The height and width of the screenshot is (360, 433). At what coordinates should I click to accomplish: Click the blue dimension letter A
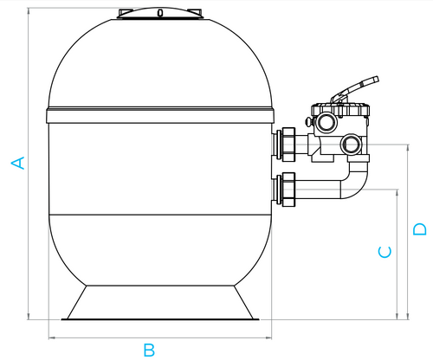tap(17, 163)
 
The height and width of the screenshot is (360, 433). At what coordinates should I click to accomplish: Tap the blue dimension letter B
tap(149, 350)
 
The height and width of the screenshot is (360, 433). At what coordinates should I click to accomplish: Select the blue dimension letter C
tap(385, 252)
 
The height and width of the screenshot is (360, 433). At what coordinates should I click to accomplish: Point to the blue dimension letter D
tap(419, 229)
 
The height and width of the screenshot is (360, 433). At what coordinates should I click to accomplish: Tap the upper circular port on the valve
tap(326, 122)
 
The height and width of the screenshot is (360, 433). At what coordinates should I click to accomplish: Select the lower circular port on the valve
tap(351, 144)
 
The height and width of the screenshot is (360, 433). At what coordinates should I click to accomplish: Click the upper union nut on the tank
tap(288, 145)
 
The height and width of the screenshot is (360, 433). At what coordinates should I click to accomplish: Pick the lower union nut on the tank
tap(288, 190)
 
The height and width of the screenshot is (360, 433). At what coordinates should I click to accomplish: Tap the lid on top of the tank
tap(160, 14)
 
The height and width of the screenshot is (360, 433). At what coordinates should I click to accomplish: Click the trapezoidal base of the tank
tap(160, 303)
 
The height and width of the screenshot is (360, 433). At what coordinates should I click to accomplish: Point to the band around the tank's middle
tap(160, 115)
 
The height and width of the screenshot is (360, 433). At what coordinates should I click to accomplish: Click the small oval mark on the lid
tap(160, 13)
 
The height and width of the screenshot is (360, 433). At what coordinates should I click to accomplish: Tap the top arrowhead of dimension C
tap(397, 193)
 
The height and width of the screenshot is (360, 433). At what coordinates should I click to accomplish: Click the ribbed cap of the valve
tap(340, 109)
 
